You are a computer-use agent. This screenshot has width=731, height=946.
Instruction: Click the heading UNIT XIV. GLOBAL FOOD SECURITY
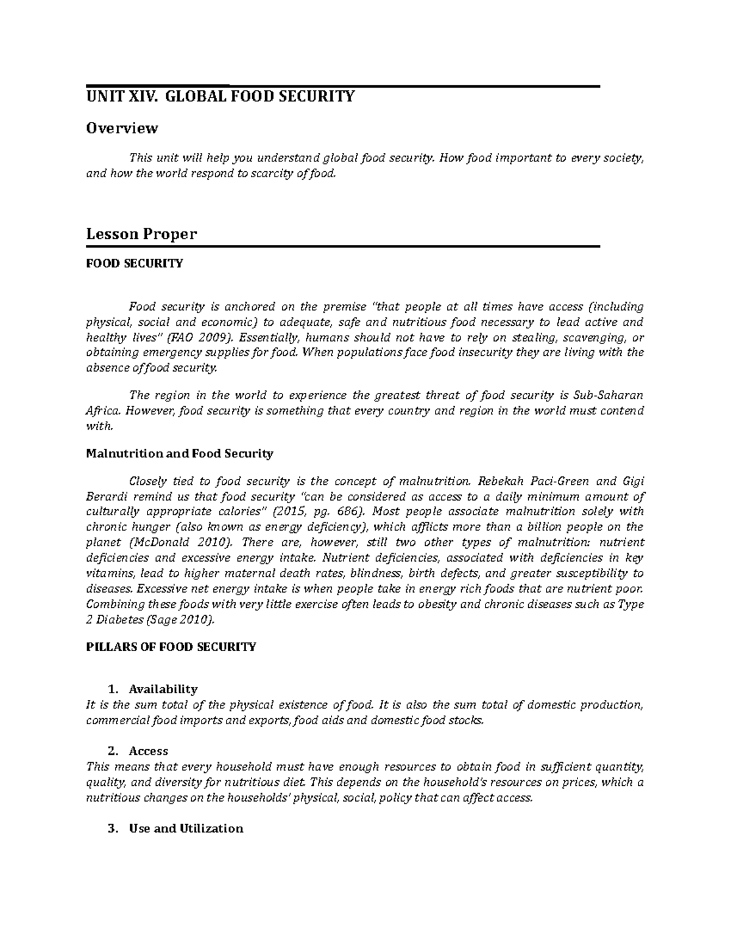click(220, 96)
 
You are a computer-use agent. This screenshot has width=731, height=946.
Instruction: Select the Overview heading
click(122, 128)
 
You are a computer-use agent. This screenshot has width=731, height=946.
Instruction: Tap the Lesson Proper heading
click(141, 234)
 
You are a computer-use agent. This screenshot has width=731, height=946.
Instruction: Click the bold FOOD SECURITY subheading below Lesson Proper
click(134, 264)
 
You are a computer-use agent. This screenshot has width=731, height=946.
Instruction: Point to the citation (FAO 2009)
click(200, 338)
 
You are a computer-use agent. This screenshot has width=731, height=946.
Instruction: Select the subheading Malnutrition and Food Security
click(180, 454)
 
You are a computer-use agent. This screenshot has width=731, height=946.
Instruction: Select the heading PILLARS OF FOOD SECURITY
click(171, 647)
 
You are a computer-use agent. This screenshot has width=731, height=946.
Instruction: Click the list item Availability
click(163, 690)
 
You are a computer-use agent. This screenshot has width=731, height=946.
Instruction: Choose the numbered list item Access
click(148, 751)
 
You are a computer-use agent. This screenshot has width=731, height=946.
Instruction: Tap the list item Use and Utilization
click(186, 828)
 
